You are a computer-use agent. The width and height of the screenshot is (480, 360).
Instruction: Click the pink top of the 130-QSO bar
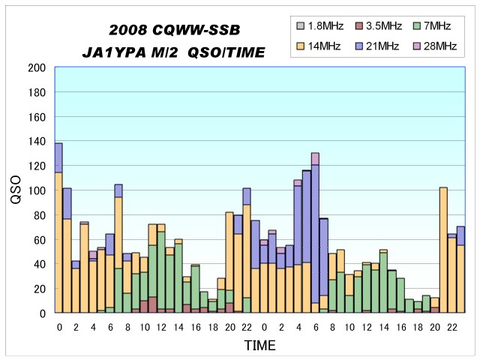point(315,158)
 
